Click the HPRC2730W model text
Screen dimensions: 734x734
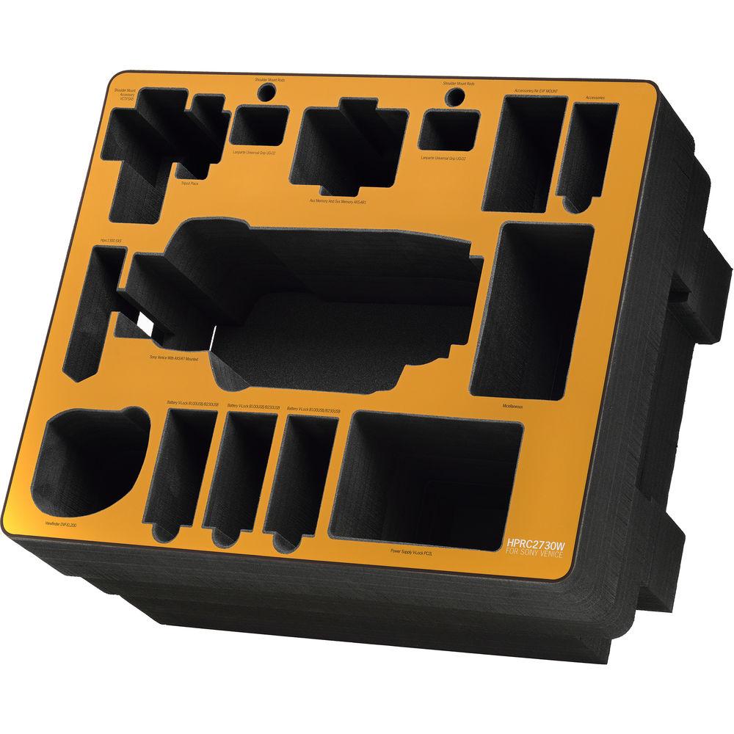point(535,543)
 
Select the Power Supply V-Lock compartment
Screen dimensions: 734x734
point(426,477)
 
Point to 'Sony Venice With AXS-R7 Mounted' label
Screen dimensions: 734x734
point(173,360)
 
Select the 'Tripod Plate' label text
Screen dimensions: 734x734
point(190,184)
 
